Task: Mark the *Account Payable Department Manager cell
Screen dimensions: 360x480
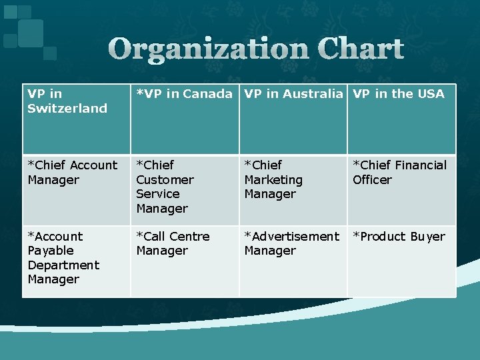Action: pyautogui.click(x=76, y=261)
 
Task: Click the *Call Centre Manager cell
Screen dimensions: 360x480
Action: pyautogui.click(x=184, y=261)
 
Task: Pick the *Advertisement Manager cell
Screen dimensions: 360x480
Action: pyautogui.click(x=293, y=261)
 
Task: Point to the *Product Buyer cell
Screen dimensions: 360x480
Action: pyautogui.click(x=401, y=261)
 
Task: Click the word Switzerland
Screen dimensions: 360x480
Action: pyautogui.click(x=67, y=108)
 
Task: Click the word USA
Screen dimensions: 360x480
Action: pyautogui.click(x=431, y=94)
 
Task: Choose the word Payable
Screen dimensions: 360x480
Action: pyautogui.click(x=51, y=251)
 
